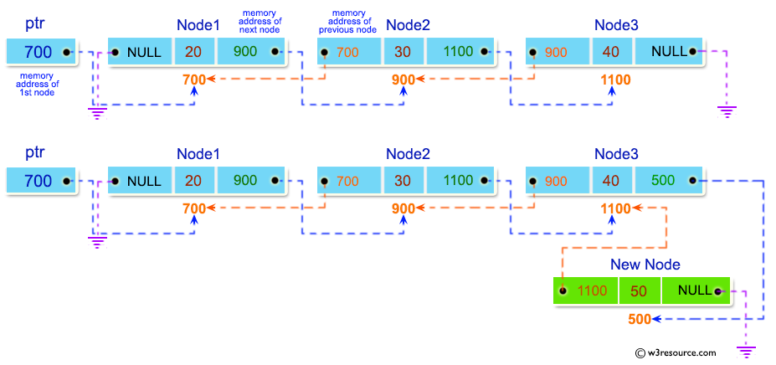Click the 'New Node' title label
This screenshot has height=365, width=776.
[645, 265]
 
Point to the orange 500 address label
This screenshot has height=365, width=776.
[640, 319]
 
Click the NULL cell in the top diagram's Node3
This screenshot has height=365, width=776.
[670, 52]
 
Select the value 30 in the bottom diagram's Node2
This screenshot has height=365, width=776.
[403, 181]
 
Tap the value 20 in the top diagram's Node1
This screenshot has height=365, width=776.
[193, 52]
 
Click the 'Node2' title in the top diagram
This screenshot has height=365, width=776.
[408, 25]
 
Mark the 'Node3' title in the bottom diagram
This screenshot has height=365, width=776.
[616, 154]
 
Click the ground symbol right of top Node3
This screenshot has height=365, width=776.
[727, 109]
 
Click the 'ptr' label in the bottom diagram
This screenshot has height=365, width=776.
[35, 154]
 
